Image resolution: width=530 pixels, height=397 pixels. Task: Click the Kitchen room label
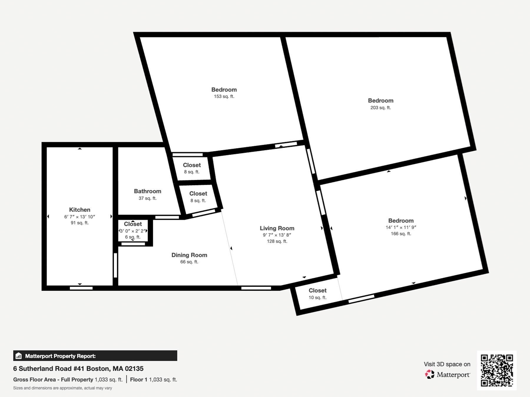79,210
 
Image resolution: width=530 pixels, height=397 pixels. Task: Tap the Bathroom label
148,191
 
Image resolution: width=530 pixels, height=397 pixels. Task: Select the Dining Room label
189,255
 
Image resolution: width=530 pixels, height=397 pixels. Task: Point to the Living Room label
277,228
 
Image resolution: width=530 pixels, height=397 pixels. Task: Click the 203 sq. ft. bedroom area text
381,108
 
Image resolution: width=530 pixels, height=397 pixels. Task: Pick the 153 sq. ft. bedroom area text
224,96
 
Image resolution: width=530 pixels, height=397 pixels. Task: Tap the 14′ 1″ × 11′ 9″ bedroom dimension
401,227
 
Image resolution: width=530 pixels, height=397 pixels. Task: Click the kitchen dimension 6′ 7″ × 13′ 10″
79,217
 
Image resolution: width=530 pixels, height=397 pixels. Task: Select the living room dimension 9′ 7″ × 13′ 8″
277,235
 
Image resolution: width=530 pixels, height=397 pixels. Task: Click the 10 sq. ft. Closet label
317,291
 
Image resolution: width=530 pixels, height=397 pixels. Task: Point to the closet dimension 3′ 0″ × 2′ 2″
133,231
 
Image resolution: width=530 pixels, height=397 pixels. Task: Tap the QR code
497,371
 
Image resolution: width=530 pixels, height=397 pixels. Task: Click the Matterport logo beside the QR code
448,374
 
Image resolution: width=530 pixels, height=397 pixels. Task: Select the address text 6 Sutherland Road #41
49,368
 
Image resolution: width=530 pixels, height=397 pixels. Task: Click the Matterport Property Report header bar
95,356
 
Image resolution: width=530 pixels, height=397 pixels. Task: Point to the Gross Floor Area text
34,380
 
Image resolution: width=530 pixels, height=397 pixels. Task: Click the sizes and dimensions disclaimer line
62,388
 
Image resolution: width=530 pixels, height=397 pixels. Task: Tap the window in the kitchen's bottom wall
81,288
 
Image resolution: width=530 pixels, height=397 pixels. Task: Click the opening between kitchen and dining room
115,265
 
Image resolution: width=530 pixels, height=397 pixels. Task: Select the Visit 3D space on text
447,364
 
